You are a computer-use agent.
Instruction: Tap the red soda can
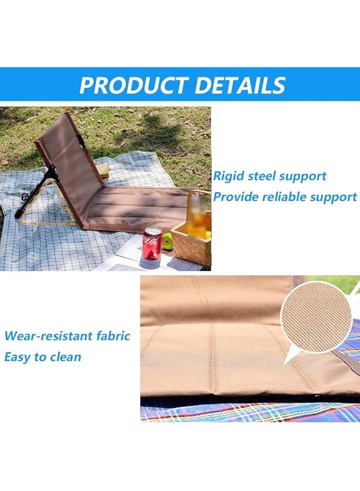(x=152, y=243)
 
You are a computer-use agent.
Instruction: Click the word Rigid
(x=229, y=176)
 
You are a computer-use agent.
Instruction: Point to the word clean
(x=67, y=357)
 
